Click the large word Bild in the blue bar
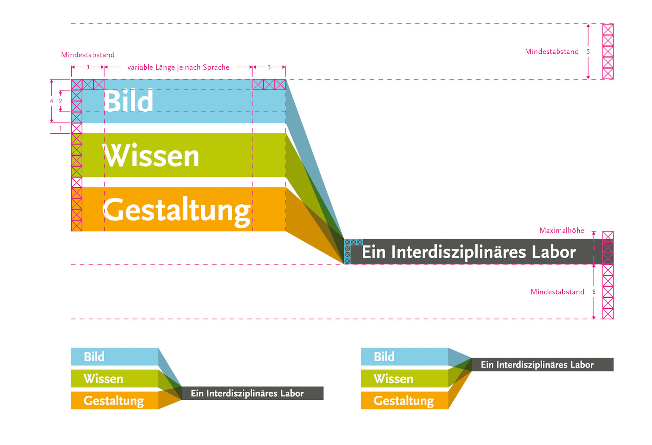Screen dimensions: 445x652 pos(128,101)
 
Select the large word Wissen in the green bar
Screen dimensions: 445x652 pos(151,156)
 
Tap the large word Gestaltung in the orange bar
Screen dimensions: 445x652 pos(177,210)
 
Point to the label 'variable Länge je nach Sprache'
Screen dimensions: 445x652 pos(178,67)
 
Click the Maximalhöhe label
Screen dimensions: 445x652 pos(562,230)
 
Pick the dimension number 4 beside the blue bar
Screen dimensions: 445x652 pos(52,101)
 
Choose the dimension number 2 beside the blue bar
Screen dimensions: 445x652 pos(60,101)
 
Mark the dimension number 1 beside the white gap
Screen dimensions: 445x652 pos(60,129)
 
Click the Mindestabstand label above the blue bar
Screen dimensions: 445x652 pos(88,55)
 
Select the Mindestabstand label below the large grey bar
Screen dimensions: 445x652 pos(557,292)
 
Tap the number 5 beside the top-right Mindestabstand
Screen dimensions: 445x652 pos(588,52)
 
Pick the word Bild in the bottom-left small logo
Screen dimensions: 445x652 pos(94,357)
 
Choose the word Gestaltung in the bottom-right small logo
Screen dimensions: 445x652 pos(403,400)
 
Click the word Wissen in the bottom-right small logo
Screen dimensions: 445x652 pos(393,378)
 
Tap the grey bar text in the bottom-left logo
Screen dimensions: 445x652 pos(247,393)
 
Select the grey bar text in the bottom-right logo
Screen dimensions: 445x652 pos(537,365)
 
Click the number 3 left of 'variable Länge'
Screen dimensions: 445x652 pos(88,67)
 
